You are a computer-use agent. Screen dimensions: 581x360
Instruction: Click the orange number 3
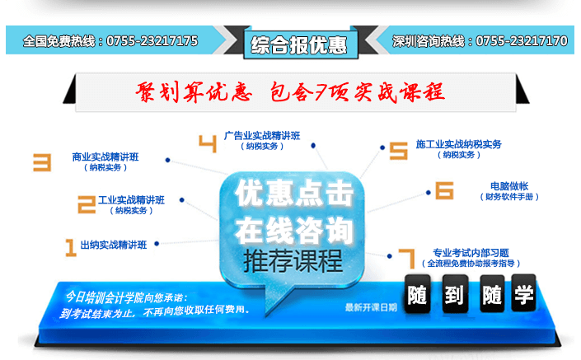coord(42,162)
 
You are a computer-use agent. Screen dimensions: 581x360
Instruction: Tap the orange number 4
coord(208,143)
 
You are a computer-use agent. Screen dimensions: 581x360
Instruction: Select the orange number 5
coord(399,151)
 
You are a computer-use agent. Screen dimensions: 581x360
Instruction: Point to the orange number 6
coord(444,190)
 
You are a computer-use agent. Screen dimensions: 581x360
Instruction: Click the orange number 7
coord(408,259)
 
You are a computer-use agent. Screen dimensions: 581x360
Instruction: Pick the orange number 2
coord(87,204)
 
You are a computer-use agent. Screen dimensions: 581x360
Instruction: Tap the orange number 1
coord(70,248)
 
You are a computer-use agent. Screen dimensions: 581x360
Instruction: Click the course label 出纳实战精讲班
coord(114,245)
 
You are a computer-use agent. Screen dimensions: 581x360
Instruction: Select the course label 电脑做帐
coord(509,186)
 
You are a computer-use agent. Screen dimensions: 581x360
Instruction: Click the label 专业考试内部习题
coord(471,253)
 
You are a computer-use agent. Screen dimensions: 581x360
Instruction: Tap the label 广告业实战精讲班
coord(262,136)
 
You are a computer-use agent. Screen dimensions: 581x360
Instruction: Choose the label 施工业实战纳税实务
coord(459,144)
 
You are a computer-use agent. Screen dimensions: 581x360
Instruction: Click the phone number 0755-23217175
coord(152,40)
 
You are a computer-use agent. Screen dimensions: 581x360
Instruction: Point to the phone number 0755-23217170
coord(522,40)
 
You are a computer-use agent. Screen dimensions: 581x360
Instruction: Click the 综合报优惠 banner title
coord(299,45)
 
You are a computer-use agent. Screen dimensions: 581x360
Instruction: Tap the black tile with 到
coord(455,294)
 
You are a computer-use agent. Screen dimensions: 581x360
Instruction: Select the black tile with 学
coord(523,293)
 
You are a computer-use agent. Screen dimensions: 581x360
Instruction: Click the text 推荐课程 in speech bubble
coord(293,261)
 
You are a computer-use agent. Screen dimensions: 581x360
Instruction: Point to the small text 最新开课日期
coord(371,307)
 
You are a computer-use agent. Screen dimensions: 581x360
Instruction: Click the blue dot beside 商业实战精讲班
coord(168,160)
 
